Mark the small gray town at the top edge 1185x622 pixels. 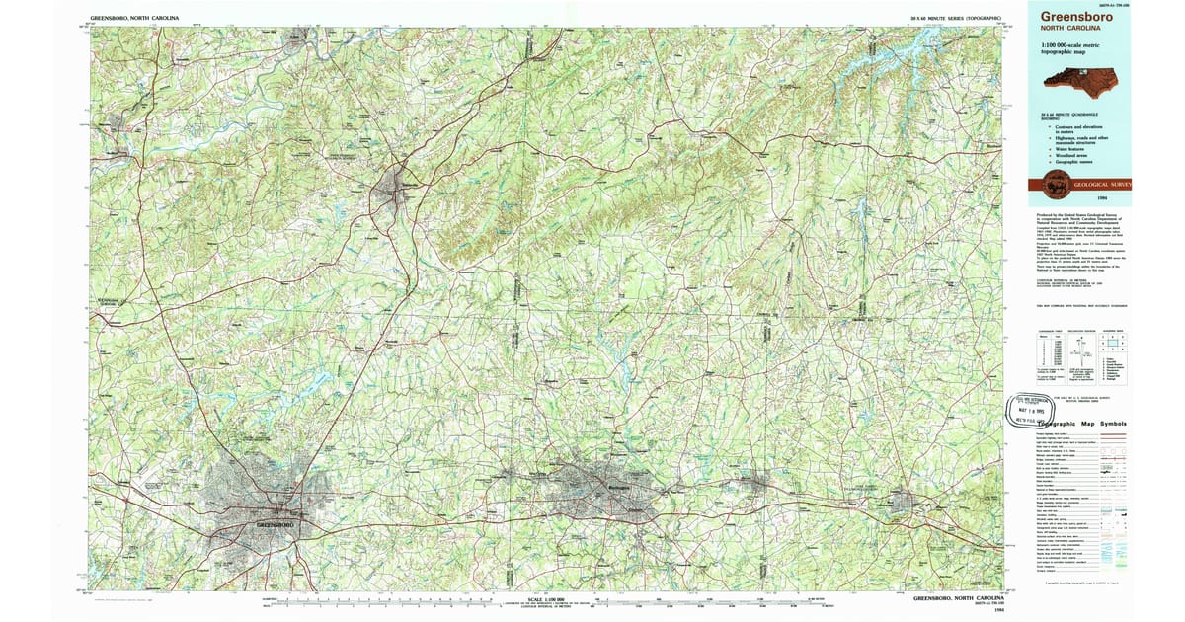(x=295, y=39)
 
